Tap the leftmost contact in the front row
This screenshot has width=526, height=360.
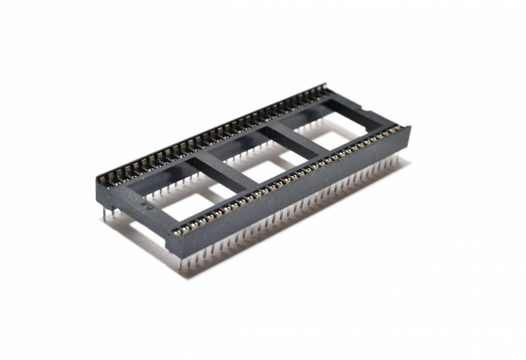pos(177,231)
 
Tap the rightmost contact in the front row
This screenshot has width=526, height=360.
pos(399,129)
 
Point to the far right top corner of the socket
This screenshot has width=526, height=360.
pos(410,126)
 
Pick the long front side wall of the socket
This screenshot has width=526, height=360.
pos(289,197)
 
